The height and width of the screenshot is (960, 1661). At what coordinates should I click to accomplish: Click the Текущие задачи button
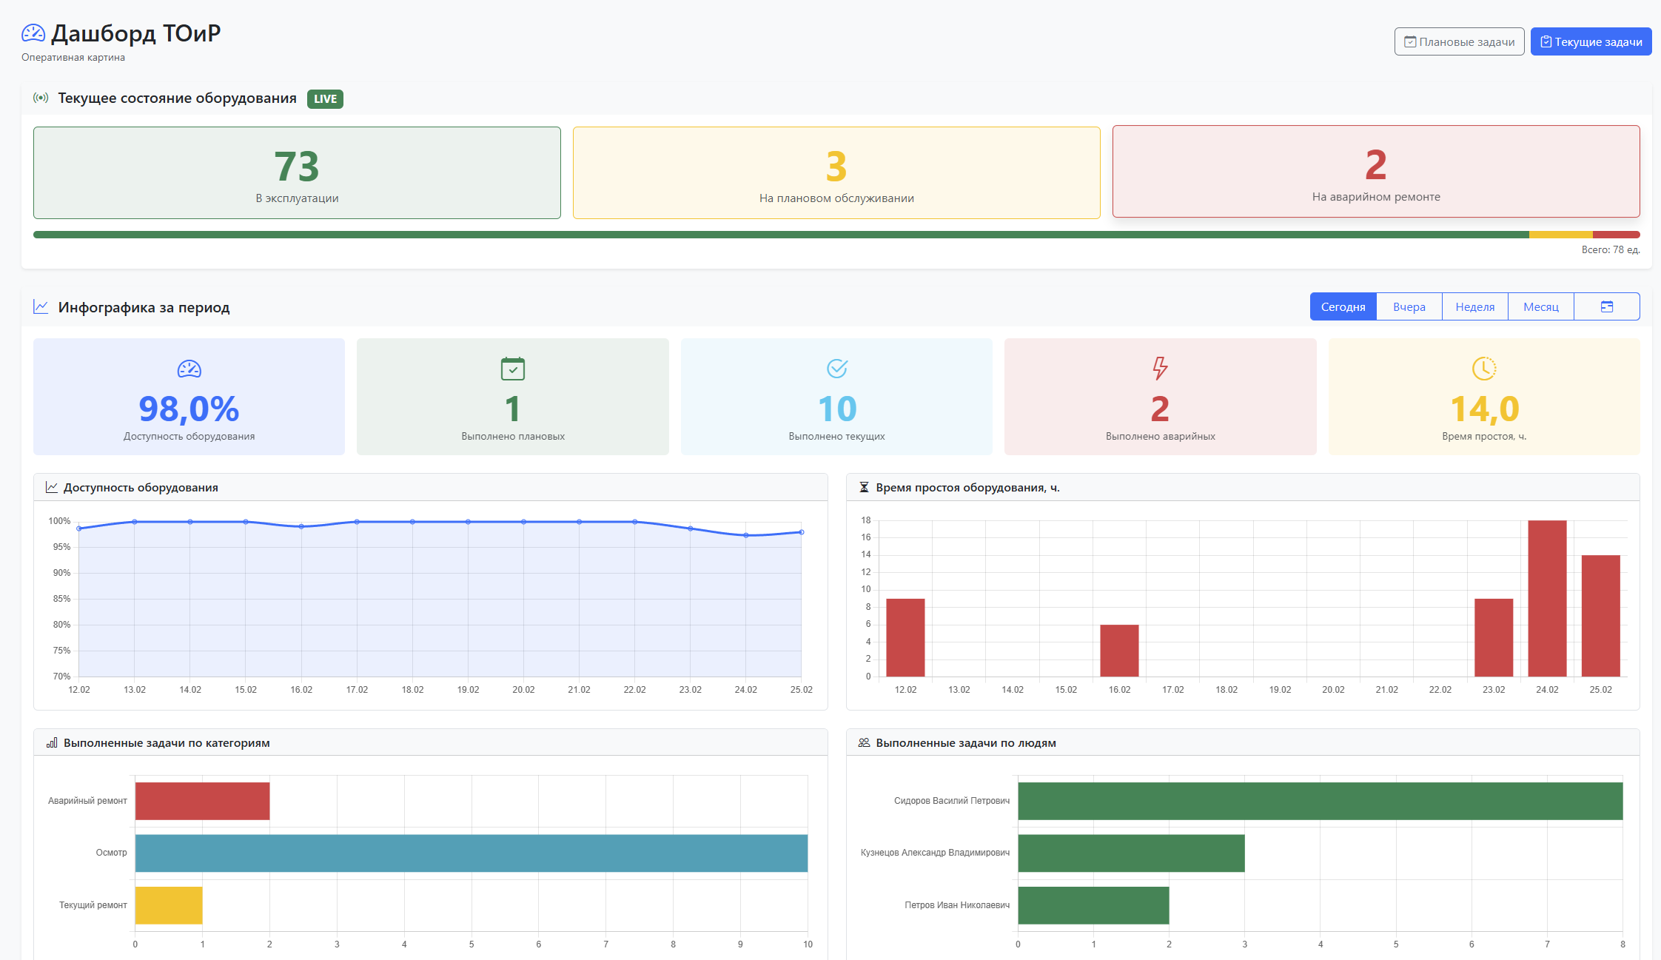[x=1591, y=41]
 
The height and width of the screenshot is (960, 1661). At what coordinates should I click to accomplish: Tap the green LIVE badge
[x=325, y=99]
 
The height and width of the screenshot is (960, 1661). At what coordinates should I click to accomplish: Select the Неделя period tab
[x=1474, y=306]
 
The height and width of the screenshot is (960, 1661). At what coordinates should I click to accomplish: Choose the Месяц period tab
[x=1540, y=306]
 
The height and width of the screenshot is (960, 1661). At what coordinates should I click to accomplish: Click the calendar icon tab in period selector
[x=1606, y=306]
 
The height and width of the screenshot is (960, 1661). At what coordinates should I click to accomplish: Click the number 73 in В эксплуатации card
[x=296, y=167]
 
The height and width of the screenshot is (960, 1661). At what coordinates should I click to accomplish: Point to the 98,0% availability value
[x=189, y=409]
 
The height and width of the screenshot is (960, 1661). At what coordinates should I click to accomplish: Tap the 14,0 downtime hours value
[x=1484, y=409]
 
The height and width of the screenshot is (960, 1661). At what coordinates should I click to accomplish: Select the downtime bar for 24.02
[x=1547, y=598]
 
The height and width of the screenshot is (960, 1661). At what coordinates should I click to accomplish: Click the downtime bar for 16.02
[x=1119, y=651]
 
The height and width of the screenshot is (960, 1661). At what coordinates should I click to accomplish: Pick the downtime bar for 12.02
[x=905, y=637]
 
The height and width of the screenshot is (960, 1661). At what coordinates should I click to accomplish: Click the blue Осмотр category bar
[x=471, y=853]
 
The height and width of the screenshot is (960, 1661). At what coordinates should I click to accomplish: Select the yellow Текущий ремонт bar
[x=169, y=905]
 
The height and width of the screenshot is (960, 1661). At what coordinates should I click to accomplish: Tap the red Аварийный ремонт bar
[x=202, y=801]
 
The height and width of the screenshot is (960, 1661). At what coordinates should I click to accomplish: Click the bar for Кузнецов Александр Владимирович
[x=1131, y=853]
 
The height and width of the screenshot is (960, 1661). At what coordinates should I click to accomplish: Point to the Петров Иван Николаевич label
[x=956, y=905]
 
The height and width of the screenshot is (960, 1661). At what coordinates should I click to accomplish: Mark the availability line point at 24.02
[x=745, y=535]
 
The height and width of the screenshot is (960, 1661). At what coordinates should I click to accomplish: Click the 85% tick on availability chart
[x=61, y=599]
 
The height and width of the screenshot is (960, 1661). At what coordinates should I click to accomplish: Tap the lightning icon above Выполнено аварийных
[x=1160, y=368]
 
